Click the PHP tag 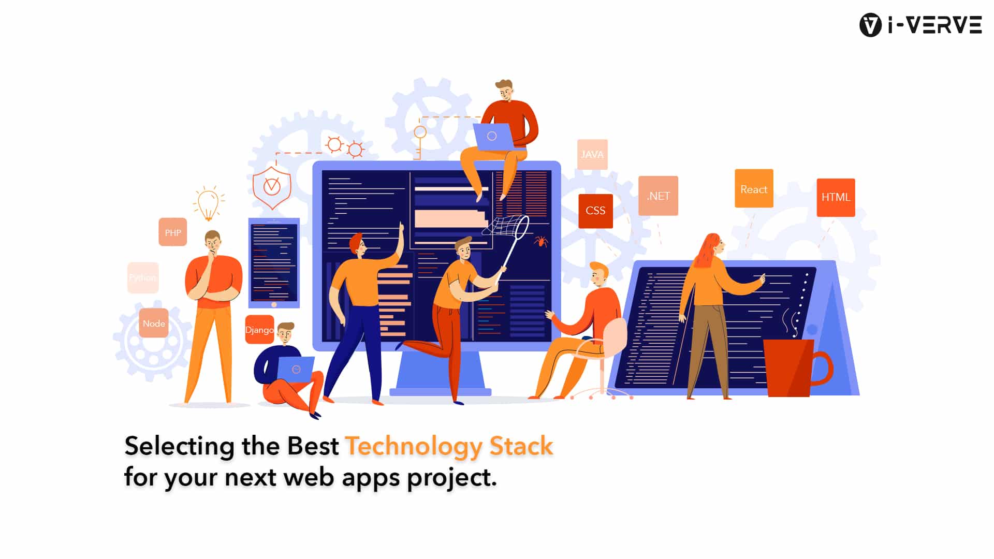point(172,232)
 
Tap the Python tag point(143,278)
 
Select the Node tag point(154,323)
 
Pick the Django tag point(259,330)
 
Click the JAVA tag point(592,154)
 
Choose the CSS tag point(595,211)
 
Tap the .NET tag point(658,196)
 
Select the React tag point(754,189)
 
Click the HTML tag point(836,197)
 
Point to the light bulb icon point(208,203)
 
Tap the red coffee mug point(792,367)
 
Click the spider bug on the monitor point(541,241)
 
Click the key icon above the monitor point(419,140)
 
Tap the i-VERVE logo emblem point(870,25)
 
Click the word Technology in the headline point(413,446)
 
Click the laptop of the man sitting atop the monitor point(493,137)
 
